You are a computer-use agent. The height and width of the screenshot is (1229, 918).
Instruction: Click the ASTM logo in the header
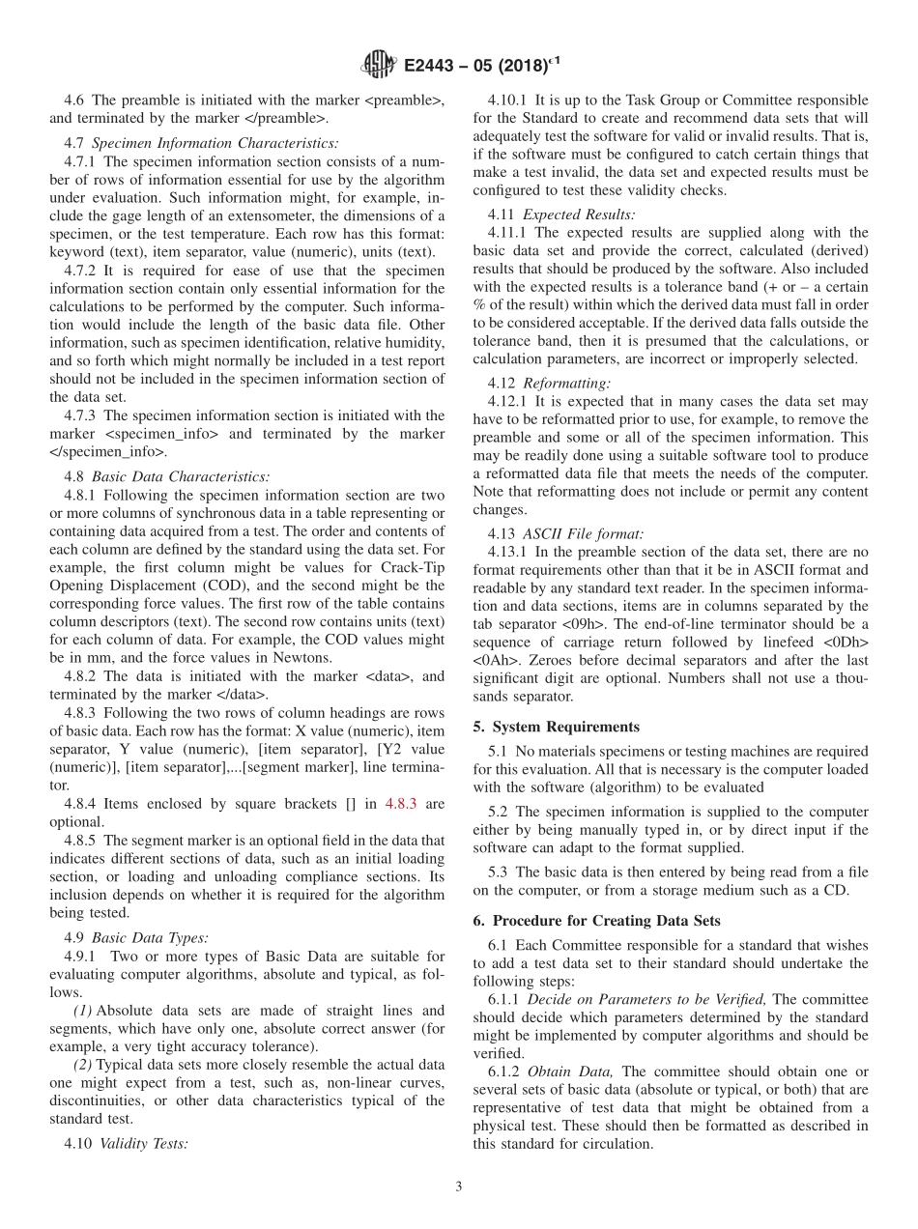(x=378, y=65)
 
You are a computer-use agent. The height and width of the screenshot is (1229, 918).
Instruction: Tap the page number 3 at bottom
(x=459, y=1186)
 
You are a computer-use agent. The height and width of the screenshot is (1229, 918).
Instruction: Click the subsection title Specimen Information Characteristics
(x=215, y=143)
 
